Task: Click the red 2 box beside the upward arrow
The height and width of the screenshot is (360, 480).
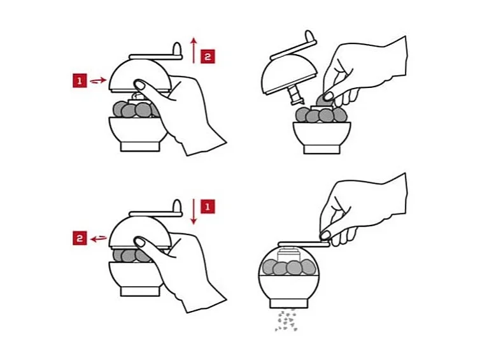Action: point(208,56)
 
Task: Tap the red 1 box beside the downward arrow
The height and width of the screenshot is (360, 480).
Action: point(208,206)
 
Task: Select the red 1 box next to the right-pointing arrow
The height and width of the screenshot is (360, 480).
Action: point(80,80)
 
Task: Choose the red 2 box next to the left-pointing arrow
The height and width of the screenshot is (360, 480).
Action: point(80,238)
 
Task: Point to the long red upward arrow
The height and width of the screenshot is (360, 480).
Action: point(194,50)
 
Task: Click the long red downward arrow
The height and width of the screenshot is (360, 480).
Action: point(193,212)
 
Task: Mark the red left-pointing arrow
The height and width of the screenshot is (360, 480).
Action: point(99,238)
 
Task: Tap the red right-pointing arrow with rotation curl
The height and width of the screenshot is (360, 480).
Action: point(98,80)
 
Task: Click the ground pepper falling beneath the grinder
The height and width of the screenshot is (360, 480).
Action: point(286,320)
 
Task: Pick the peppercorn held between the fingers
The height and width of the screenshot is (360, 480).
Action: point(322,101)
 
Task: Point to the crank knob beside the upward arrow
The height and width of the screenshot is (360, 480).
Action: point(177,49)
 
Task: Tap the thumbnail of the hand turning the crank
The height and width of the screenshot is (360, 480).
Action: point(325,235)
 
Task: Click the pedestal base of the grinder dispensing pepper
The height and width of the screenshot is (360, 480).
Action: point(288,303)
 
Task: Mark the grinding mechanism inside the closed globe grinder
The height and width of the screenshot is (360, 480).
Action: point(288,256)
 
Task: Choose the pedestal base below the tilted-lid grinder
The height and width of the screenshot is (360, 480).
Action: point(322,149)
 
